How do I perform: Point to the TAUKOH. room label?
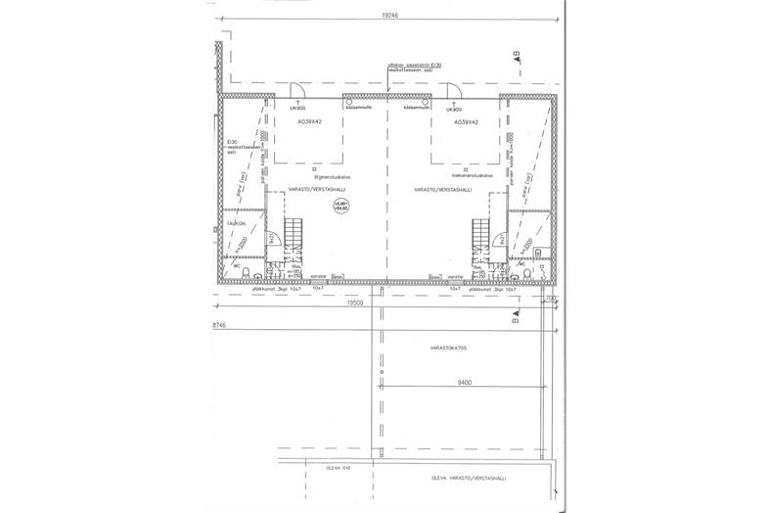click(x=235, y=224)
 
